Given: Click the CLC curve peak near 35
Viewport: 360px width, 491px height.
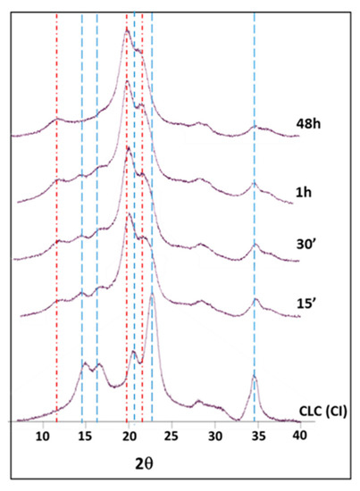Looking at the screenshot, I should (255, 378).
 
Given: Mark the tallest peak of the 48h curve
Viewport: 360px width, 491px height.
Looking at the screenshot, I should (127, 29).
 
